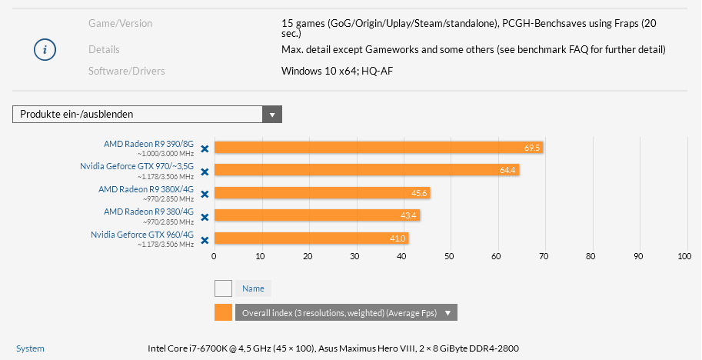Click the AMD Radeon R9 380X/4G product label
point(146,188)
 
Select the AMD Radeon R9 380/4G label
point(148,212)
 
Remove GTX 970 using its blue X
point(205,172)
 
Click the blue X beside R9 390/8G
point(205,149)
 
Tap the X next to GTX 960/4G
point(205,240)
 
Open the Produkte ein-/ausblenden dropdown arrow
point(272,115)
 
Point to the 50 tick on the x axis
point(449,256)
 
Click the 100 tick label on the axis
point(684,256)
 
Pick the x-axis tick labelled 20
point(308,256)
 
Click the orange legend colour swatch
point(224,312)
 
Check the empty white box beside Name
point(224,288)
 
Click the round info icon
point(45,49)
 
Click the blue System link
point(30,348)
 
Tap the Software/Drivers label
point(127,72)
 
